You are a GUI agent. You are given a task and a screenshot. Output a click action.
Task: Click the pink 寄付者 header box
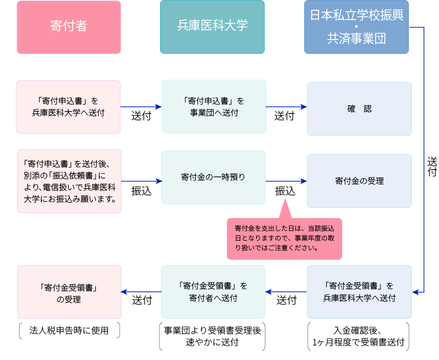point(69,27)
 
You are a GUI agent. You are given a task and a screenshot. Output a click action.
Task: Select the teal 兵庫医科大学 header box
point(212,27)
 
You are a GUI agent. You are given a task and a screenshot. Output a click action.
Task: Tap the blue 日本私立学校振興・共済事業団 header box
point(357,27)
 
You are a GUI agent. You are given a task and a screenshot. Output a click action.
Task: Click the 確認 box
point(359,109)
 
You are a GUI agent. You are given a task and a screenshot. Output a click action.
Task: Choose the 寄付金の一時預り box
point(213,178)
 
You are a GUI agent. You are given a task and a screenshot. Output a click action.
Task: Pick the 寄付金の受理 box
point(359,181)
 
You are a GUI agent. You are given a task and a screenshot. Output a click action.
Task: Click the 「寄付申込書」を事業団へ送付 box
point(214,107)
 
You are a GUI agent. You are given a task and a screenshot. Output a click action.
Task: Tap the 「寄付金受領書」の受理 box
point(69,292)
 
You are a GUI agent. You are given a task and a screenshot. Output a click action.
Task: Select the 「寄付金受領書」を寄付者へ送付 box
point(213,292)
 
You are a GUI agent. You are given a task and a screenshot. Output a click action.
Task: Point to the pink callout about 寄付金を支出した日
point(284,239)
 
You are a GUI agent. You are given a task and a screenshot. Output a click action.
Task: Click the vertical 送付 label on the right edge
point(432,166)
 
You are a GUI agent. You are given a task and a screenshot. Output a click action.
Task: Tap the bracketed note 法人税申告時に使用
point(69,331)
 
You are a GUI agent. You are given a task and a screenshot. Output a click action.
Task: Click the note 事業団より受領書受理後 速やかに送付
point(212,336)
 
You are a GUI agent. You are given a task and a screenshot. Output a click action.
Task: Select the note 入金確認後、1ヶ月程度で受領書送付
point(359,336)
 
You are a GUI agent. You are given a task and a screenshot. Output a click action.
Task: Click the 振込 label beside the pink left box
point(141,191)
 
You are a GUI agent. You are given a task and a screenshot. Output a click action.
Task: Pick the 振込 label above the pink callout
point(285,191)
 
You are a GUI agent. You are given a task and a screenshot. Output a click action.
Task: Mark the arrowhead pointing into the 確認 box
point(304,107)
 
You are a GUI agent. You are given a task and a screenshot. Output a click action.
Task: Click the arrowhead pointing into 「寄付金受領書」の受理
point(124,292)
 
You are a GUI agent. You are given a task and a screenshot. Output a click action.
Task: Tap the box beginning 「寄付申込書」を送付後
point(69,181)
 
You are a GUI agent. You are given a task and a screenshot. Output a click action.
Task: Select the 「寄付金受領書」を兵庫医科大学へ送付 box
point(359,292)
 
